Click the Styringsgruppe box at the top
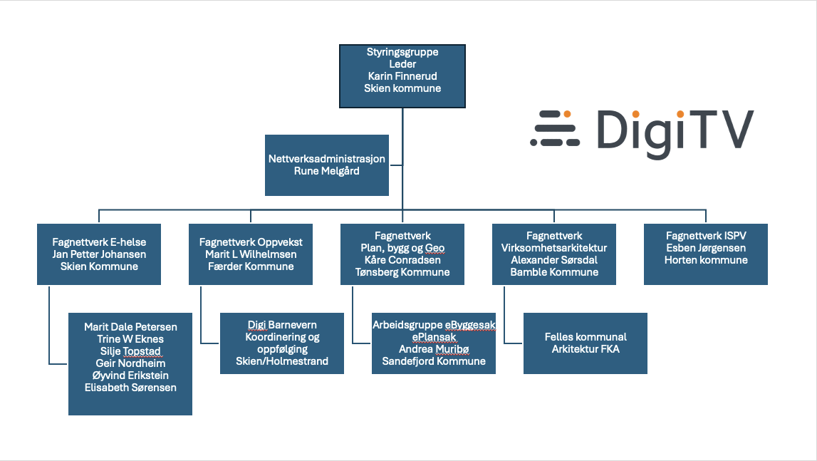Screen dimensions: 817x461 402,76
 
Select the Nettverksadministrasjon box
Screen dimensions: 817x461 327,165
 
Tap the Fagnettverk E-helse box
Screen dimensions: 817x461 99,254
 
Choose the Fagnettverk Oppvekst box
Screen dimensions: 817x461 251,254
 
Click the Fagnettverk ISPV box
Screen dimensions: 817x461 705,254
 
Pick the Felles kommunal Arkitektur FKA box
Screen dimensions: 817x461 585,343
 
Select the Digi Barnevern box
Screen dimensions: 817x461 282,343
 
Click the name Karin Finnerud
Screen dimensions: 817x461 402,76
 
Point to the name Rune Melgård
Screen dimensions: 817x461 327,171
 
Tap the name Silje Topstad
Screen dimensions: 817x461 130,351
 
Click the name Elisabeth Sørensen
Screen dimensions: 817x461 130,388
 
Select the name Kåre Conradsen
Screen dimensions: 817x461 402,259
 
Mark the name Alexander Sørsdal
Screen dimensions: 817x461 554,259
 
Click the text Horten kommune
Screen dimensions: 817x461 706,259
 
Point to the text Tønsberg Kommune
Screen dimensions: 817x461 402,271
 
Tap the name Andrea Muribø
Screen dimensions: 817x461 434,349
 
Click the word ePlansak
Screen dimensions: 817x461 434,337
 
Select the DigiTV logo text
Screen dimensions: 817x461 675,133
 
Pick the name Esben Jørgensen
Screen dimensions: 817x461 706,248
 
